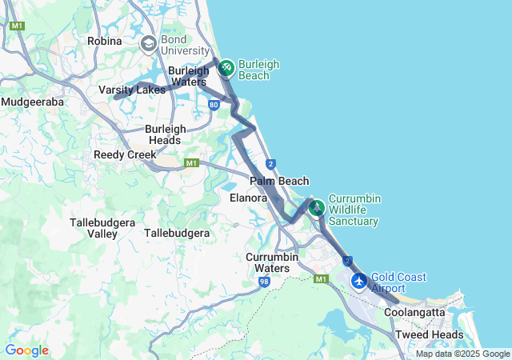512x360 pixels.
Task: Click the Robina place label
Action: tap(105, 41)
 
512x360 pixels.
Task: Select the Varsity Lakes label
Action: tap(132, 90)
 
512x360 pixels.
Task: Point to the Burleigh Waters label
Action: tap(188, 76)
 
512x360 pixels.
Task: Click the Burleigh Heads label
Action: tap(166, 134)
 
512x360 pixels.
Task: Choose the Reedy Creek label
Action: tap(120, 154)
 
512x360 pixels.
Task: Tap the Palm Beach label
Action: tap(279, 182)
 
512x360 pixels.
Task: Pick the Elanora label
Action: tap(248, 198)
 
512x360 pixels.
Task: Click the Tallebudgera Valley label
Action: tap(105, 228)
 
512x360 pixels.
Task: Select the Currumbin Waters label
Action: tap(272, 262)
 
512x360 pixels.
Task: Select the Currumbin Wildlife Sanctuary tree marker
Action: tap(317, 208)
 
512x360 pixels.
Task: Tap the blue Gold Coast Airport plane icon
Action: tap(359, 282)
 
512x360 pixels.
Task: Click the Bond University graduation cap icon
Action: tap(148, 44)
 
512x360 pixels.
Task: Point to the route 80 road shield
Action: tap(213, 104)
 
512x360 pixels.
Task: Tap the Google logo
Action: tap(26, 350)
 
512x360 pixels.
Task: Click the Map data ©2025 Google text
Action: tap(462, 354)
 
